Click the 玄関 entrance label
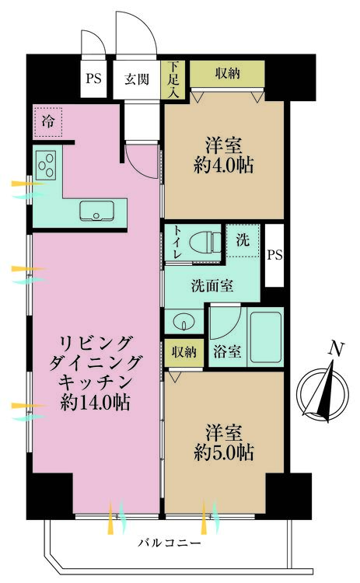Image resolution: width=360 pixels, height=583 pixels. pos(137,79)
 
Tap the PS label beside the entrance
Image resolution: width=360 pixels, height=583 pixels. pos(93,79)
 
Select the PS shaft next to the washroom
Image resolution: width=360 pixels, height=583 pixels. pos(274,255)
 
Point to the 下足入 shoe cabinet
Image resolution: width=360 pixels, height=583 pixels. pos(173,79)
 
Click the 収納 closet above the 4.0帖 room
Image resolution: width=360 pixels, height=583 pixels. pos(228,75)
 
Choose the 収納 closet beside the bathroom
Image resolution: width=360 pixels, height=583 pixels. pos(184,352)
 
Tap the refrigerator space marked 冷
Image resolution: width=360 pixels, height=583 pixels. pos(47,121)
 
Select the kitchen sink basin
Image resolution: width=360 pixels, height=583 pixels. pos(96,211)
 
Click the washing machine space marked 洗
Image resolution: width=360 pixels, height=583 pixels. pos(243,240)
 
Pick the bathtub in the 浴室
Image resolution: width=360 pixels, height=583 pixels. pos(265,337)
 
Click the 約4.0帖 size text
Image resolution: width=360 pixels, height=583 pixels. pos(223,165)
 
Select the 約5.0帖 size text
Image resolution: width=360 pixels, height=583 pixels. pos(223,452)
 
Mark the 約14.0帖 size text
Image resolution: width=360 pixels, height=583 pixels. pos(95,402)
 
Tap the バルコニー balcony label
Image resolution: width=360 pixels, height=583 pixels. pos(170,543)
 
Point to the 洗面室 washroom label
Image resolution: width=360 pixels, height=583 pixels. pos(212,285)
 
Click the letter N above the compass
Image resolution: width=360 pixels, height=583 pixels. pos(336,350)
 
